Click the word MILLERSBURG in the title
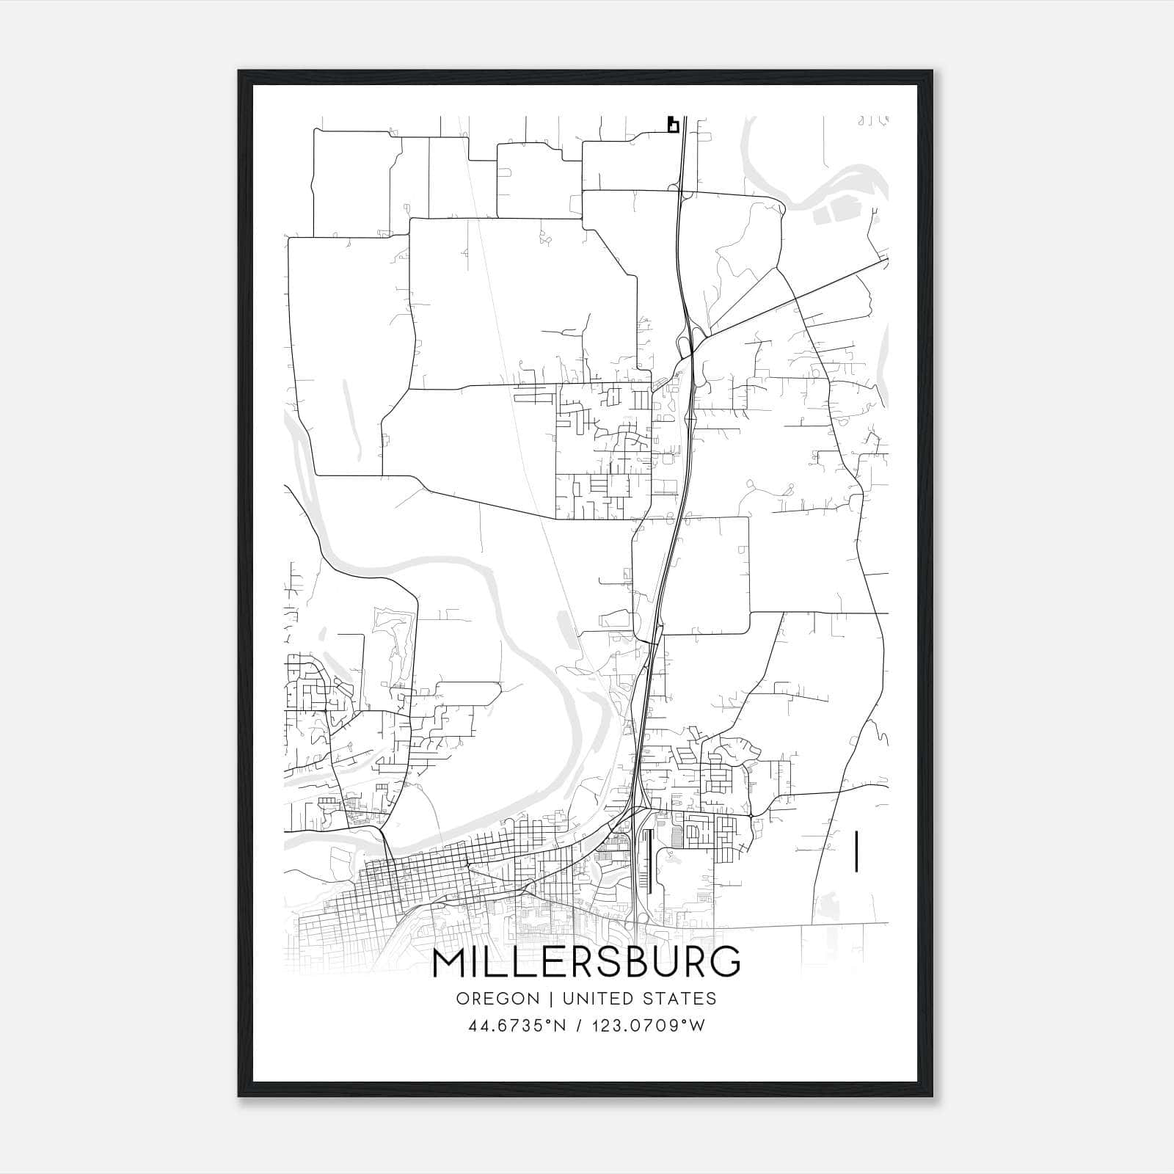586,963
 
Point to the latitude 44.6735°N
517,1026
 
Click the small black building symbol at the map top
672,125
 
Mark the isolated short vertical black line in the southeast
856,851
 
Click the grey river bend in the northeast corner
844,183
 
